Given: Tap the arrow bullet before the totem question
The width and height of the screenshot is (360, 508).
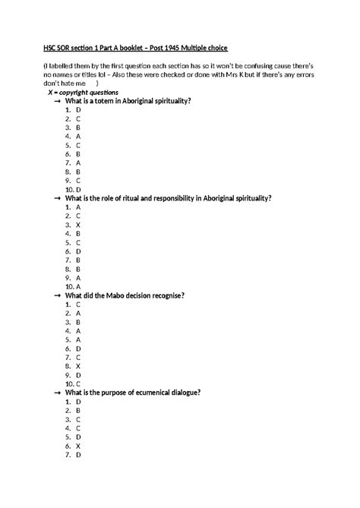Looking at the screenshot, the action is coord(58,101).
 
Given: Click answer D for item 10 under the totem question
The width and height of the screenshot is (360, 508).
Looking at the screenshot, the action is coord(79,189).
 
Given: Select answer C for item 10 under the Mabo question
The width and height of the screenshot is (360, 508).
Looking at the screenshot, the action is coord(79,383).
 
